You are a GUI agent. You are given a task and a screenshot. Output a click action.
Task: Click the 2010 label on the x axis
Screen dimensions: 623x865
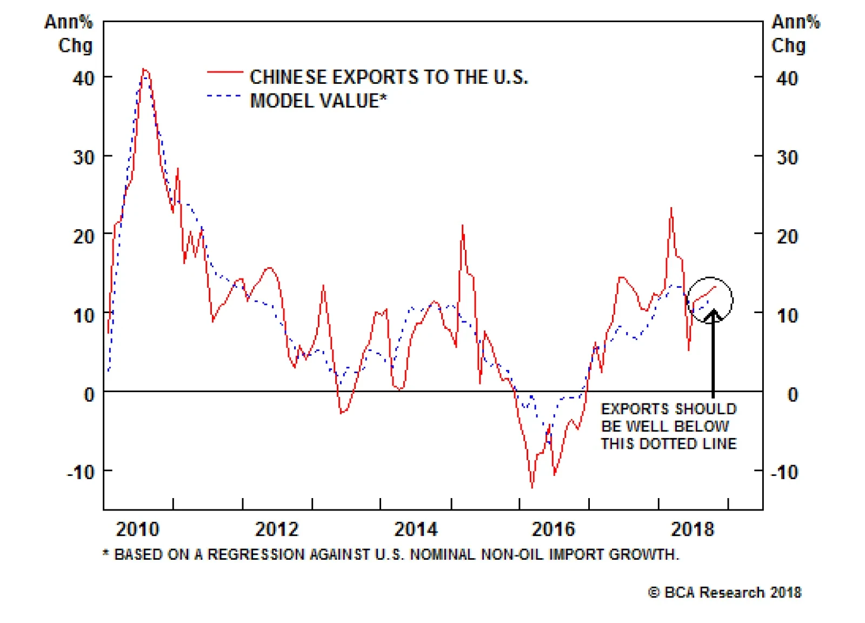137,529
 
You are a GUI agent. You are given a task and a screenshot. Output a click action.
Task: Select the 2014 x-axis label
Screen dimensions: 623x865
415,529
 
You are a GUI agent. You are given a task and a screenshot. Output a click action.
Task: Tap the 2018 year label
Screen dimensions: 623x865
693,529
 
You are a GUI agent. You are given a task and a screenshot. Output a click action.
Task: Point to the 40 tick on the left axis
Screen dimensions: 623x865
84,78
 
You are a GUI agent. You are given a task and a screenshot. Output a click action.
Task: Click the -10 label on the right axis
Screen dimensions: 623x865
784,472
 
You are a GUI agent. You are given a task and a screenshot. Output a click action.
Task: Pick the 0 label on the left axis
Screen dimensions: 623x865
89,394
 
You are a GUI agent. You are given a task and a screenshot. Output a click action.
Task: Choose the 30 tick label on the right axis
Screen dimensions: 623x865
787,157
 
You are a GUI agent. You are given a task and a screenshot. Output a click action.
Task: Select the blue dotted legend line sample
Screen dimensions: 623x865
224,96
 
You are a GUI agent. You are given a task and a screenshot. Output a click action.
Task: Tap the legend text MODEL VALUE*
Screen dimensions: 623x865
318,101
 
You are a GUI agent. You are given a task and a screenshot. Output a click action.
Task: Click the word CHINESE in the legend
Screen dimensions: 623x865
288,77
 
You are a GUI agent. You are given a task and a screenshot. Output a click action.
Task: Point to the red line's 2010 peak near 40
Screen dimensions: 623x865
144,69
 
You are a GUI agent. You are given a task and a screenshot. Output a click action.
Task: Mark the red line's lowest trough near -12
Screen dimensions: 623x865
532,487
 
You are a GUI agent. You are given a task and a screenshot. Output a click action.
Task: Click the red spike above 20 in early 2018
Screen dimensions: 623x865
671,208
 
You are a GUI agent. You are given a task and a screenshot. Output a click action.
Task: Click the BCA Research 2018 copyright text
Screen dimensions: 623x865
724,593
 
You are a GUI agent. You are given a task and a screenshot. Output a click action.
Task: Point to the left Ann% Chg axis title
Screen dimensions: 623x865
69,34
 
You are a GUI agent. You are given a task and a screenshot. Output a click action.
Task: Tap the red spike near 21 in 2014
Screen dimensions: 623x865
463,226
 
